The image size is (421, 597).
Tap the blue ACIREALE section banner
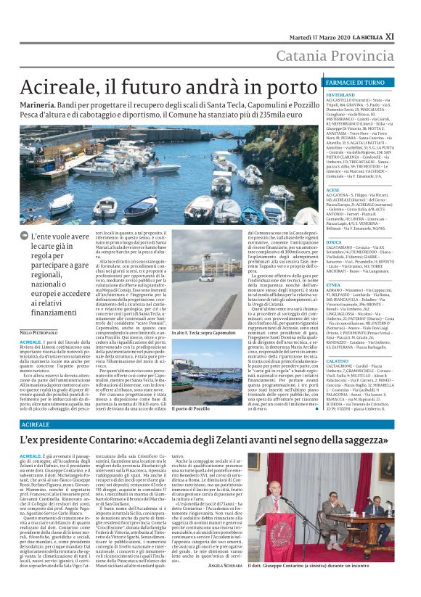click(36, 423)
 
